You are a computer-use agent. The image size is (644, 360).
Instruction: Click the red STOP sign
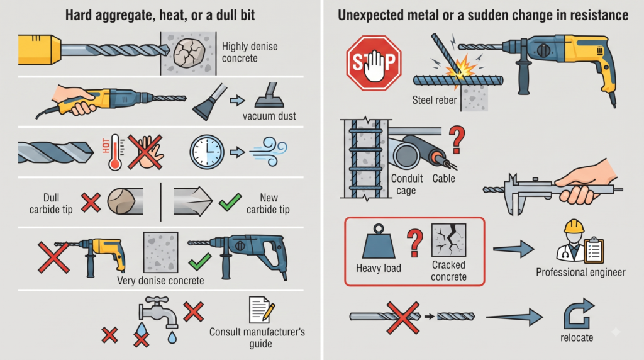pyautogui.click(x=374, y=62)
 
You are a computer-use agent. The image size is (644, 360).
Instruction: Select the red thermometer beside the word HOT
pyautogui.click(x=115, y=152)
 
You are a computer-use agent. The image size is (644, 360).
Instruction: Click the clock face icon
pyautogui.click(x=207, y=152)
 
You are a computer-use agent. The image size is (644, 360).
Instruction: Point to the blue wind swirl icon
pyautogui.click(x=269, y=152)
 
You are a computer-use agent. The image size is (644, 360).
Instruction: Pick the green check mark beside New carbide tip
pyautogui.click(x=230, y=202)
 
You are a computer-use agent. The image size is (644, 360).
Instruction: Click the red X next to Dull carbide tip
pyautogui.click(x=91, y=202)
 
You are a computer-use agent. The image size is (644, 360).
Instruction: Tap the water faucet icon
pyautogui.click(x=158, y=312)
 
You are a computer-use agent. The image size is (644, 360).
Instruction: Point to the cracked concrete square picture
pyautogui.click(x=448, y=240)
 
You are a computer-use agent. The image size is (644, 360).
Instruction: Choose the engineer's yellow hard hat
pyautogui.click(x=574, y=227)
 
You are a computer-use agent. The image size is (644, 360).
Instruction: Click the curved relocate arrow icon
pyautogui.click(x=579, y=315)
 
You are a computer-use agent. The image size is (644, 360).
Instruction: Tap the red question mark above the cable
pyautogui.click(x=457, y=139)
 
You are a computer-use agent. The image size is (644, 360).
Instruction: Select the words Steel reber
pyautogui.click(x=434, y=100)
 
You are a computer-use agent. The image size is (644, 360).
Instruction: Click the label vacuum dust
pyautogui.click(x=269, y=116)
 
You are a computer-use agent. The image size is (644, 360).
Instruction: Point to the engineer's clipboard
pyautogui.click(x=594, y=250)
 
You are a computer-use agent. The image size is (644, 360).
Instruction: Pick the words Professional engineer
pyautogui.click(x=580, y=273)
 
